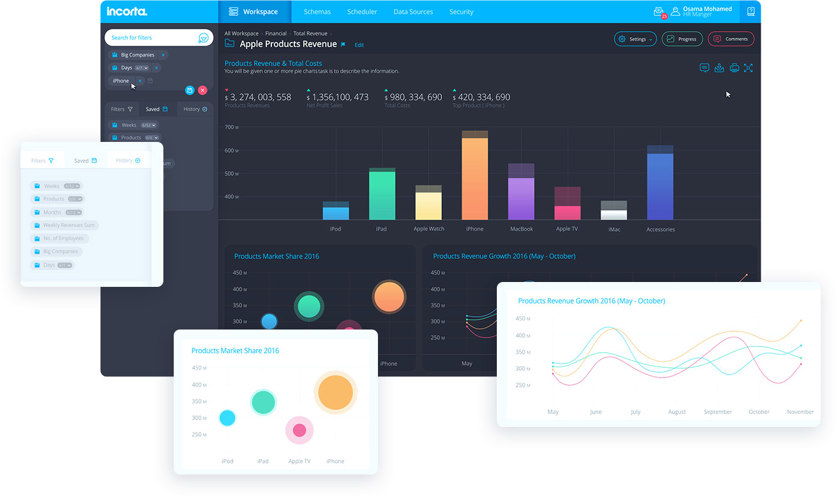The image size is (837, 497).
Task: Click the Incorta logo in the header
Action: (127, 12)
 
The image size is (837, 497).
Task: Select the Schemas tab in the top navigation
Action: (317, 12)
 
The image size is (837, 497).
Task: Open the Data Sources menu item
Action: (413, 12)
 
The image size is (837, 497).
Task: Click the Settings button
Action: (635, 39)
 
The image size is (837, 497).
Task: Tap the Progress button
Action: (682, 39)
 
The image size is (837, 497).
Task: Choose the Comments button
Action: (731, 39)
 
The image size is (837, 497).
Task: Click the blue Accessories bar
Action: (660, 186)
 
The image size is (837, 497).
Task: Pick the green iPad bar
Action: (382, 195)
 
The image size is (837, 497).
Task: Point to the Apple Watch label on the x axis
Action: (429, 229)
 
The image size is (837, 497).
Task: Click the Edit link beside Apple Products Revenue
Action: (359, 45)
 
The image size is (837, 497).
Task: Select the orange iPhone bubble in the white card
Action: (335, 392)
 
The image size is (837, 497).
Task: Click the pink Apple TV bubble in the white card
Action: (299, 431)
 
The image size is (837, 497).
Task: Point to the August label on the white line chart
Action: (677, 412)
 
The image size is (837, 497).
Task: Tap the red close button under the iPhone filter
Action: (202, 90)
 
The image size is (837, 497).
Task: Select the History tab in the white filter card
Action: (128, 161)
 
